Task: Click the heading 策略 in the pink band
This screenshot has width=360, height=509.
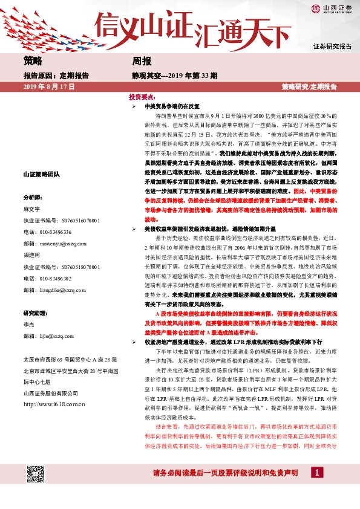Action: [x=33, y=61]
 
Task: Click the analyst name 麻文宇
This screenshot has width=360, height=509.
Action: [x=31, y=209]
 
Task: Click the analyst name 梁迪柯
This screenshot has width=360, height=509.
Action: [x=31, y=254]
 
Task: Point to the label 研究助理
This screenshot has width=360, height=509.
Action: [x=35, y=313]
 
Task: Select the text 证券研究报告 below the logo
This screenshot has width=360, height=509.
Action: [x=332, y=47]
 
